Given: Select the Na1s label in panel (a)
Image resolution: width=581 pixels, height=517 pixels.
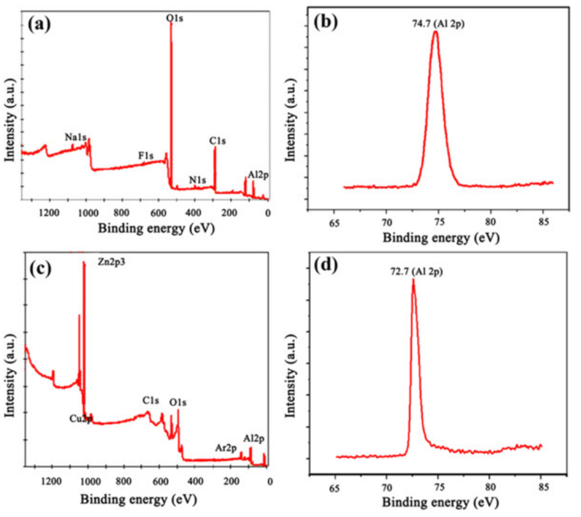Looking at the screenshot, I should click(76, 138).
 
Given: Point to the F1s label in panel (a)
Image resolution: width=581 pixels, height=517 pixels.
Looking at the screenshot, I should click(146, 155).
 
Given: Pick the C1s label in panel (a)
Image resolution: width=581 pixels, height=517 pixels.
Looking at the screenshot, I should click(217, 141).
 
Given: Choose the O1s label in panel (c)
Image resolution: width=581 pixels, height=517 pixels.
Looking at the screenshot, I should click(178, 403).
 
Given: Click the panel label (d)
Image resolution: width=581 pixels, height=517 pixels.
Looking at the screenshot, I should click(326, 264).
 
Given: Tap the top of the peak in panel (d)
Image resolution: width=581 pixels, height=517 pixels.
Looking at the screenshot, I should click(413, 279).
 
